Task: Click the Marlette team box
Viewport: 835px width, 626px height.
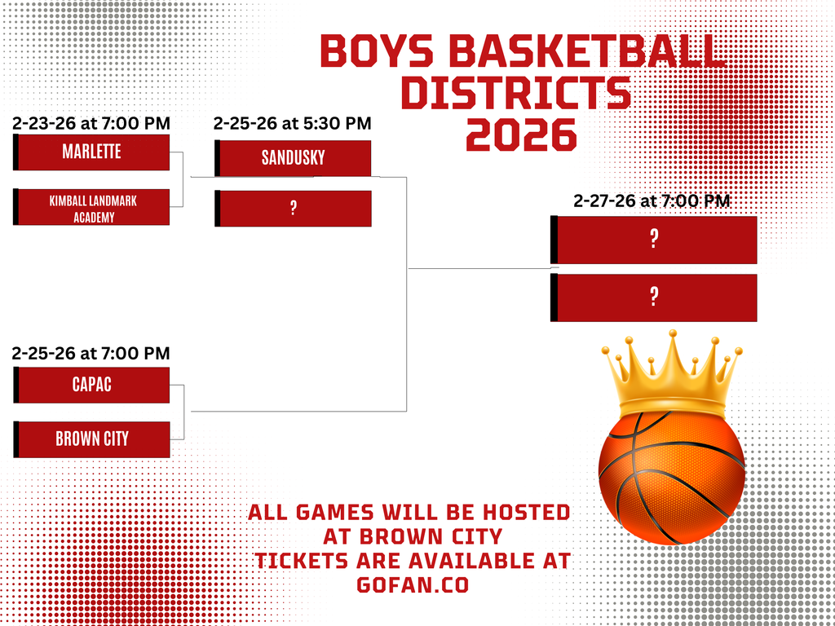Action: [92, 152]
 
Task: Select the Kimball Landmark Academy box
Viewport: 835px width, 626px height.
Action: [92, 208]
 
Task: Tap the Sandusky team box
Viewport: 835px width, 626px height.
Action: [293, 158]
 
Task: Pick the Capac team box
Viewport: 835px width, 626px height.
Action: [92, 385]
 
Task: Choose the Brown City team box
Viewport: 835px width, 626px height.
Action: [92, 439]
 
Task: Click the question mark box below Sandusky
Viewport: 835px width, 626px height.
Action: [293, 209]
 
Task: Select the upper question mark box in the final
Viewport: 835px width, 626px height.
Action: [654, 240]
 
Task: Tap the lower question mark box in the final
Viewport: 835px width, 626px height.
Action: [654, 298]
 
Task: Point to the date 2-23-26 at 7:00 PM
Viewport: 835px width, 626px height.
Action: [91, 124]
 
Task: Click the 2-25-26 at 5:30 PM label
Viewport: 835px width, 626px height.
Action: [292, 124]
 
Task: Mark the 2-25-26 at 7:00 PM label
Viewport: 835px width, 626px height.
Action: [91, 353]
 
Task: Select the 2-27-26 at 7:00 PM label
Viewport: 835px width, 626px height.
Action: [652, 201]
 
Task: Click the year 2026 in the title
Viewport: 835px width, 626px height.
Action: [521, 134]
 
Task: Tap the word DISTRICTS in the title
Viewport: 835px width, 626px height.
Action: [515, 93]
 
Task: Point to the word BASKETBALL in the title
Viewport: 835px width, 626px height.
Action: [586, 51]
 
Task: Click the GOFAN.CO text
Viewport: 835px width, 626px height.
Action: [412, 585]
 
